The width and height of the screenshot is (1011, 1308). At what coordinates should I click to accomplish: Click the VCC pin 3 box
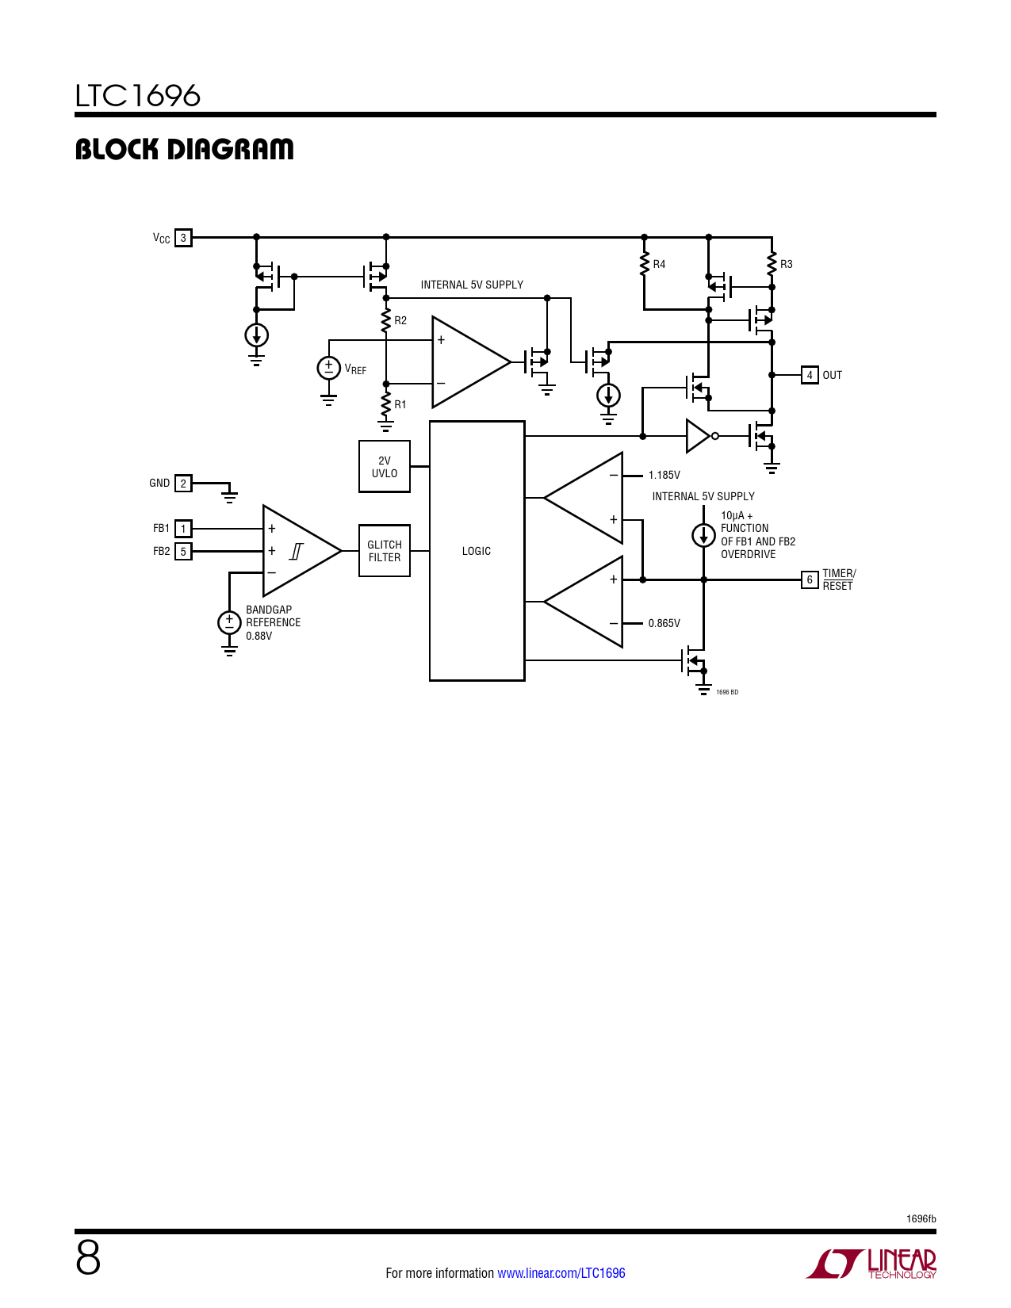point(183,238)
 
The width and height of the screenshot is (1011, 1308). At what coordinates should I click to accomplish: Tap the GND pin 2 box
point(183,484)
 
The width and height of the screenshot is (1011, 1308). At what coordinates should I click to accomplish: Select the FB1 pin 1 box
point(183,529)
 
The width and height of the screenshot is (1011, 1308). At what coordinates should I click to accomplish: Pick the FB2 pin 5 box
point(183,552)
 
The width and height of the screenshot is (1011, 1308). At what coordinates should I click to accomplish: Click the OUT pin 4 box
point(810,375)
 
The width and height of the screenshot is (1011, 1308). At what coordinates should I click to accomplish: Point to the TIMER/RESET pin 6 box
point(810,579)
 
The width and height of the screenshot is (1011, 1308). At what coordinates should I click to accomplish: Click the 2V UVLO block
point(384,466)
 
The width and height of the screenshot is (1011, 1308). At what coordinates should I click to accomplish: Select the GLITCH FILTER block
point(384,551)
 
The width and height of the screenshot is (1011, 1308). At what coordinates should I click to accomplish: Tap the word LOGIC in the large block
point(477,551)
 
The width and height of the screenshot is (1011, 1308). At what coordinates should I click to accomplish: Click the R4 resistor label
point(659,264)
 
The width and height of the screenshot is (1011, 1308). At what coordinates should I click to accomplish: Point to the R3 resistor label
point(786,264)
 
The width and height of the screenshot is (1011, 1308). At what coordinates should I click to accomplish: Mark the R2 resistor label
point(400,321)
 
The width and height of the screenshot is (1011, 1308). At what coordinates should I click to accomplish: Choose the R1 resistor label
point(400,404)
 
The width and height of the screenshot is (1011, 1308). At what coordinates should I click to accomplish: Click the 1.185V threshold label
point(664,476)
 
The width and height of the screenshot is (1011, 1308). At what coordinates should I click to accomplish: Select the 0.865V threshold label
point(664,624)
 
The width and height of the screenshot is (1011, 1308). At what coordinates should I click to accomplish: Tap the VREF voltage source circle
point(329,368)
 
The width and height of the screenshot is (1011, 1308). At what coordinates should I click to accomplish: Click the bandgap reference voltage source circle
point(229,622)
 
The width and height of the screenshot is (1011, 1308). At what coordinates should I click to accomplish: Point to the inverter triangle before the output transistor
point(699,436)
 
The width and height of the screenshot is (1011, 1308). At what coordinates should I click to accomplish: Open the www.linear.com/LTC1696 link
point(561,1273)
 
